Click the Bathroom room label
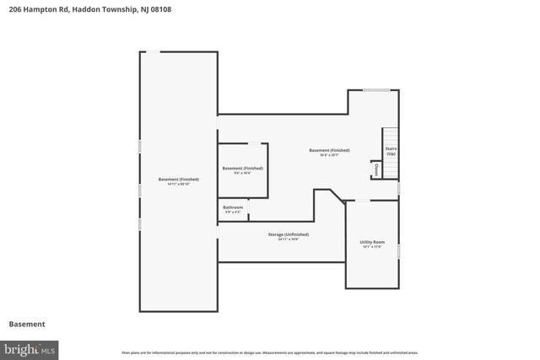233,207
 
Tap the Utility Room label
371,242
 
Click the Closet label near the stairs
375,170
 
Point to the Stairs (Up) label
391,151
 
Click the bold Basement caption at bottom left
27,324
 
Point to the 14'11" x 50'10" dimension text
179,184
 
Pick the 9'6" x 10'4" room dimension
243,173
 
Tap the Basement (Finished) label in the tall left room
179,179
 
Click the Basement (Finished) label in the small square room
243,168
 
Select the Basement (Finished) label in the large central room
334,150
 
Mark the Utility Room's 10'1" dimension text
371,247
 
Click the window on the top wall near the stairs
375,89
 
